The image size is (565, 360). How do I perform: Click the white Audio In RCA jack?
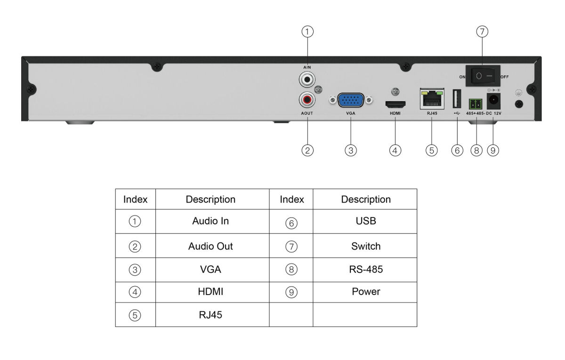pyautogui.click(x=307, y=80)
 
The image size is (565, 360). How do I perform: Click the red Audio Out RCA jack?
pyautogui.click(x=307, y=100)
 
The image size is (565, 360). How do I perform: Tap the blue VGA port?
pyautogui.click(x=351, y=100)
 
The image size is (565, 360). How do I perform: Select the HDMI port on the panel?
pyautogui.click(x=395, y=104)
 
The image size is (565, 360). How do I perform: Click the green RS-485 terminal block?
pyautogui.click(x=476, y=103)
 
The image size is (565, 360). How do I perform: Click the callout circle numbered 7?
pyautogui.click(x=482, y=32)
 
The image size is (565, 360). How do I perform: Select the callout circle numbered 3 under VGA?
pyautogui.click(x=350, y=150)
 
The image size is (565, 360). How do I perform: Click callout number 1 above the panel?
pyautogui.click(x=307, y=32)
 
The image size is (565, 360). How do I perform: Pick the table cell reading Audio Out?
pyautogui.click(x=210, y=246)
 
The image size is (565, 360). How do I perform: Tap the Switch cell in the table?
pyautogui.click(x=365, y=246)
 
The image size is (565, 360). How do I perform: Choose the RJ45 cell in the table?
pyautogui.click(x=210, y=315)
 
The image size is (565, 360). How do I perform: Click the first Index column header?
pyautogui.click(x=135, y=199)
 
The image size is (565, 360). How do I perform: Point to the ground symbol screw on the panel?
pyautogui.click(x=519, y=104)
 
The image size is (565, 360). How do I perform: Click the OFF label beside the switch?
pyautogui.click(x=504, y=76)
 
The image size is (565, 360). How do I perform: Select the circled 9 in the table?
pyautogui.click(x=291, y=292)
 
